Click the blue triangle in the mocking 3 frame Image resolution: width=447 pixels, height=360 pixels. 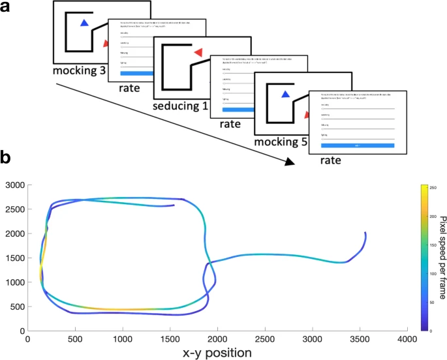[84, 23]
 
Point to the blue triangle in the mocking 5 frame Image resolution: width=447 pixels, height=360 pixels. [285, 95]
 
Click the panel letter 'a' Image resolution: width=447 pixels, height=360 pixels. [5, 7]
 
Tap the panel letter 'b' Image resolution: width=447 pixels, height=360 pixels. [5, 158]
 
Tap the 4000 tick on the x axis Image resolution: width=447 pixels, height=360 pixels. [407, 339]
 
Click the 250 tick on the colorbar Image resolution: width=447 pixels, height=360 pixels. [431, 188]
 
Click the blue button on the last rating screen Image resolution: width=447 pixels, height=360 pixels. [357, 145]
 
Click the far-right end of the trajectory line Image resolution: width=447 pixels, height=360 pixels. [365, 233]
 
